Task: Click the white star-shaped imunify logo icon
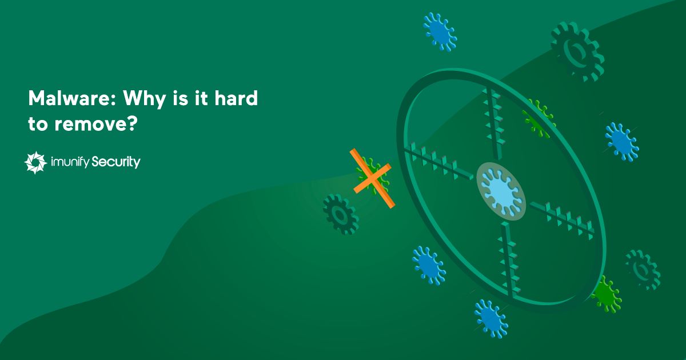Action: point(35,163)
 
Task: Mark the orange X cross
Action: point(371,178)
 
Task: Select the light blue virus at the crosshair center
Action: point(501,191)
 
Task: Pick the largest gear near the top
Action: point(577,52)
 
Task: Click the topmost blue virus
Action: point(440,31)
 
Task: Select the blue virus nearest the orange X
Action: point(429,265)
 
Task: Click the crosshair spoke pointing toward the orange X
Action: point(438,163)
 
